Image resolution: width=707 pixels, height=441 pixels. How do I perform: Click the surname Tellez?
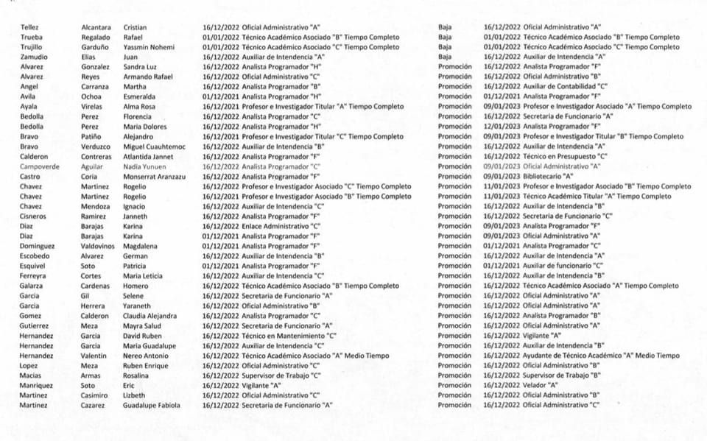31,28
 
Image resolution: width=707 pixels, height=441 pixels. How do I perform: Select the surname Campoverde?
42,167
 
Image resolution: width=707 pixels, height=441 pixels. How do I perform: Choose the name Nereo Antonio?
147,356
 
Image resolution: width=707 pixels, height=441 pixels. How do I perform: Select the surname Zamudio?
34,57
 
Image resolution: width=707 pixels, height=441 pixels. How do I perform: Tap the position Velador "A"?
542,385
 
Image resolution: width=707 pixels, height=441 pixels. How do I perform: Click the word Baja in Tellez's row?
445,28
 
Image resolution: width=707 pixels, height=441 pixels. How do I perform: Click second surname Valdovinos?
97,247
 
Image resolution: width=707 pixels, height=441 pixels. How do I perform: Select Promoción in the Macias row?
455,375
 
